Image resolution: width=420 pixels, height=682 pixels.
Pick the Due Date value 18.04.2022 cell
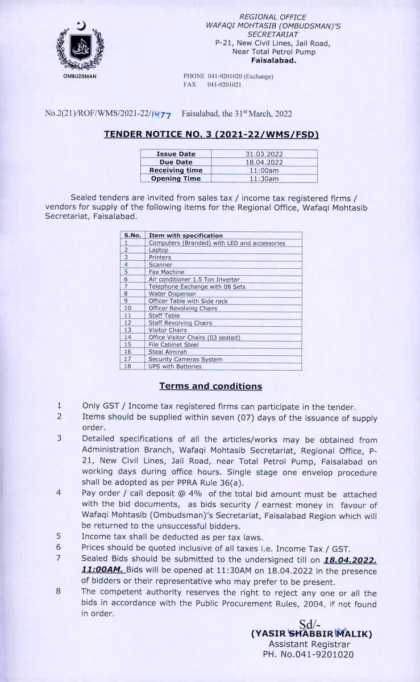point(264,162)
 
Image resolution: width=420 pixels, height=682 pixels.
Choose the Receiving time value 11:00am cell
point(264,170)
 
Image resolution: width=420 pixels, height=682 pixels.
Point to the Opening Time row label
point(176,178)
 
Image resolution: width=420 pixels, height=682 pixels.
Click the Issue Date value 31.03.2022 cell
point(264,154)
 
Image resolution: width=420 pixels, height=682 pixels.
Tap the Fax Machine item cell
point(167,272)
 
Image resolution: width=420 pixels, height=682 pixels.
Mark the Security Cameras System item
point(185,359)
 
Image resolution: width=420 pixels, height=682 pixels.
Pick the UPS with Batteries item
point(175,367)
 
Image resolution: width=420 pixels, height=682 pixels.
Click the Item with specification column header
point(185,235)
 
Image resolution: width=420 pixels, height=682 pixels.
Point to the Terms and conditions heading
point(210,386)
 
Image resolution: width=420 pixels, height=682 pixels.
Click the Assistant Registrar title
point(309,644)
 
